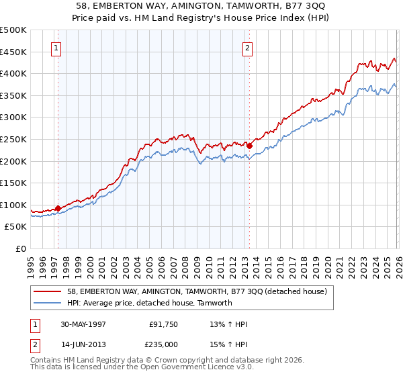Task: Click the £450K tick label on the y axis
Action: point(13,52)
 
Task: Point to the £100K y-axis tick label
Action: point(13,205)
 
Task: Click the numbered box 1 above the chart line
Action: point(55,48)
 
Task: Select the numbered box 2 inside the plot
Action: point(248,48)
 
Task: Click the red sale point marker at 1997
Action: point(58,208)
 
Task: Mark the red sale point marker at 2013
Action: point(249,145)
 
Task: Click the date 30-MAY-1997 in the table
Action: point(84,325)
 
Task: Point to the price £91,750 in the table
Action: point(164,325)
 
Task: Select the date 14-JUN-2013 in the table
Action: point(84,344)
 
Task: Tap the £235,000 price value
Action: point(164,344)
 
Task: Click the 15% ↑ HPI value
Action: point(229,344)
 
